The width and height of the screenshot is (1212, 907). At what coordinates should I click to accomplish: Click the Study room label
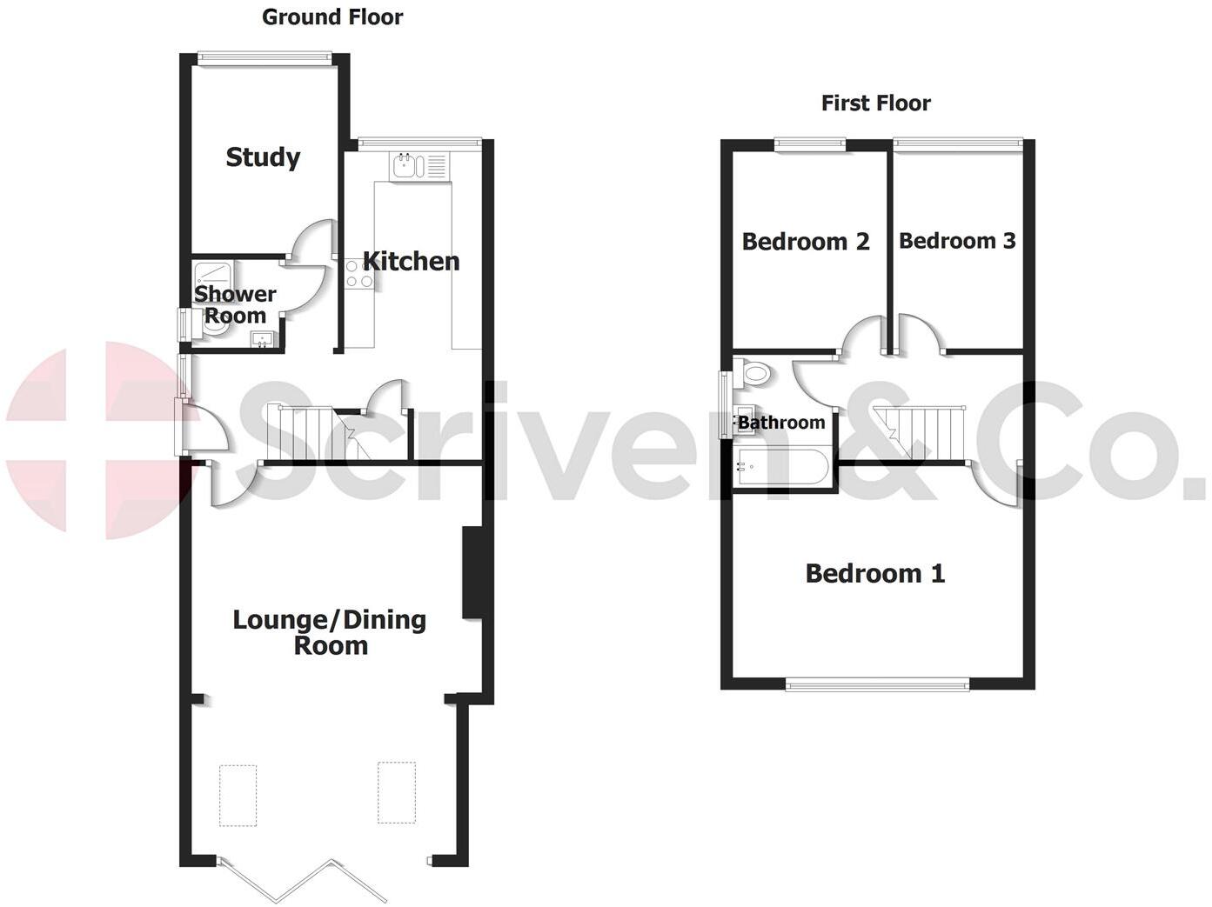point(263,157)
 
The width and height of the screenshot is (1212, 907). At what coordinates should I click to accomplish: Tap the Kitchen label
point(411,261)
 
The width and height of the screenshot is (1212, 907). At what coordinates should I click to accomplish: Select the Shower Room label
point(235,304)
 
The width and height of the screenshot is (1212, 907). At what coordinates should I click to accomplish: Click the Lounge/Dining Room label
point(330,632)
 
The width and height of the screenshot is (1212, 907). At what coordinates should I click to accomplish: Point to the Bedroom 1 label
point(874,573)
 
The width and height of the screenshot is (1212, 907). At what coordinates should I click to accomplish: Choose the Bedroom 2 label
point(806,241)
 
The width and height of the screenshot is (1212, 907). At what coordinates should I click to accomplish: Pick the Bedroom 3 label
point(957,241)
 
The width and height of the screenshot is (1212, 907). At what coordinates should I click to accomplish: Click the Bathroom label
point(781,423)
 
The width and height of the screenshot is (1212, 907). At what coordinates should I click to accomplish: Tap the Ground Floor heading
point(332,17)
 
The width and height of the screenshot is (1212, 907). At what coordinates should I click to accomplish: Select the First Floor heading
point(875,103)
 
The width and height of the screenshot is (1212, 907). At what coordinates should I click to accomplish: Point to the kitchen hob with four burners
point(359,275)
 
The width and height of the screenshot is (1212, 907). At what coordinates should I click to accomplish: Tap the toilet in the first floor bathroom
point(754,374)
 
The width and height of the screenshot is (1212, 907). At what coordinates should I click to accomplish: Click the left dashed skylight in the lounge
point(238,794)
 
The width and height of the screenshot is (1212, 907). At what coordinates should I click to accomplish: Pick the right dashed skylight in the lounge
point(397,792)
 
